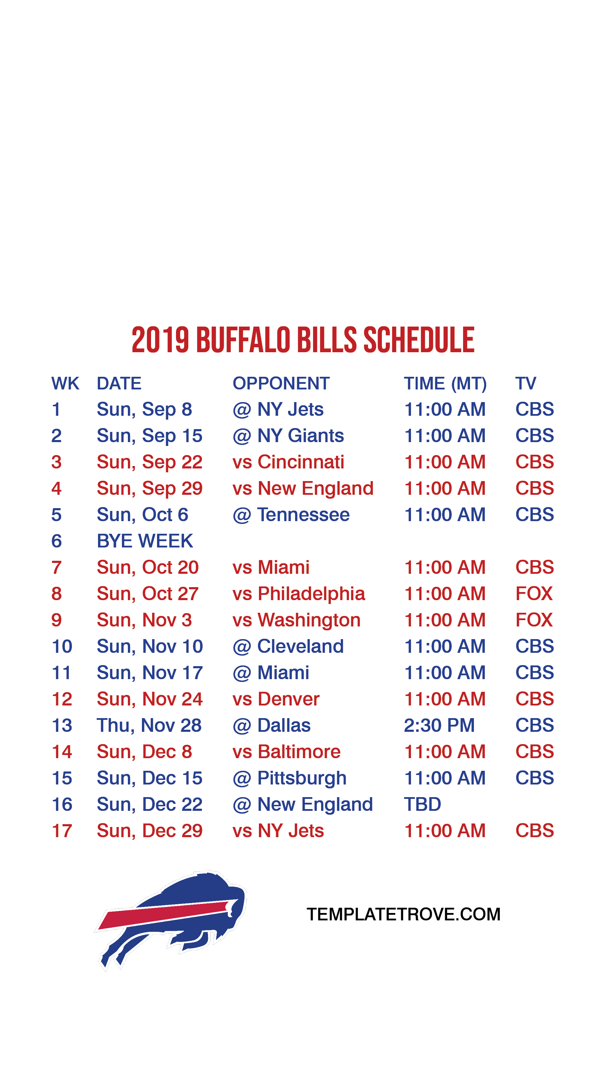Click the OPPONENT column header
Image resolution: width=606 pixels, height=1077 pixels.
click(281, 383)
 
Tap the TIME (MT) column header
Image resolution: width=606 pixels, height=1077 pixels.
click(445, 384)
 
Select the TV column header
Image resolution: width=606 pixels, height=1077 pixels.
click(526, 383)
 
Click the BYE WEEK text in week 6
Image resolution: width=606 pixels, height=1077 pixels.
click(145, 541)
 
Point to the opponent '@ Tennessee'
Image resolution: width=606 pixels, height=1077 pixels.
click(291, 515)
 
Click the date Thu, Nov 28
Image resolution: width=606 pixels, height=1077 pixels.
click(149, 725)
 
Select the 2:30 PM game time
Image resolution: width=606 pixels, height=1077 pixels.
click(439, 725)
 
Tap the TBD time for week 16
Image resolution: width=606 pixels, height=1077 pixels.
click(422, 805)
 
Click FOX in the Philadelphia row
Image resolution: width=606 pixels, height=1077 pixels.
click(534, 594)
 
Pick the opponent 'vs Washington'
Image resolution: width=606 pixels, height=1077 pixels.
click(297, 620)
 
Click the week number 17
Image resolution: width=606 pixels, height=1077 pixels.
click(62, 831)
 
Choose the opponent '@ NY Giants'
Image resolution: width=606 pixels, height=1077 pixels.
click(288, 436)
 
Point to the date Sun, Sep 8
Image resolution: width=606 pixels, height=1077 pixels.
click(144, 409)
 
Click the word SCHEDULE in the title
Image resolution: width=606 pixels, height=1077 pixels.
click(419, 340)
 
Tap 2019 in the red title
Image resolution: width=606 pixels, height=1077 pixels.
click(160, 340)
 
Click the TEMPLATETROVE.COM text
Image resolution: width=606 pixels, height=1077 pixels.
click(404, 914)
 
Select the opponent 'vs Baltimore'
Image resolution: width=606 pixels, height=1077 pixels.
click(286, 752)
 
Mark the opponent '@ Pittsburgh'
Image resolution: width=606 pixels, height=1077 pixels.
click(289, 778)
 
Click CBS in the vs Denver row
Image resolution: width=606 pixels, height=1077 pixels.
click(534, 699)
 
